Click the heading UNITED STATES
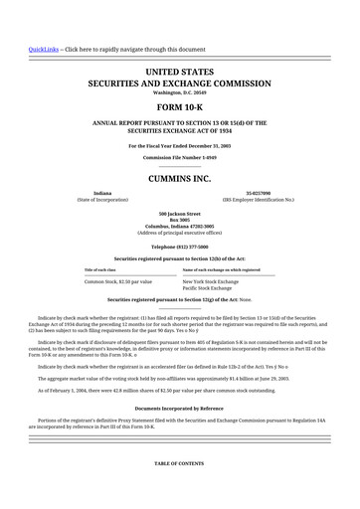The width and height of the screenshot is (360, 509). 180,74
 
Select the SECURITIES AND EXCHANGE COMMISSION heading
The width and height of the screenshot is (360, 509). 180,85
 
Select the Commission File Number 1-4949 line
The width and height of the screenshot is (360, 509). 180,157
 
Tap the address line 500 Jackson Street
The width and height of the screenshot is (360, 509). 180,212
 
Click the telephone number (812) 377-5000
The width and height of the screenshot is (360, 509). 180,245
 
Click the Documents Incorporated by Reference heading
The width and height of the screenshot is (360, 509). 180,409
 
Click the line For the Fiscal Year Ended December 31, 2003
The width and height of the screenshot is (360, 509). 180,145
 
